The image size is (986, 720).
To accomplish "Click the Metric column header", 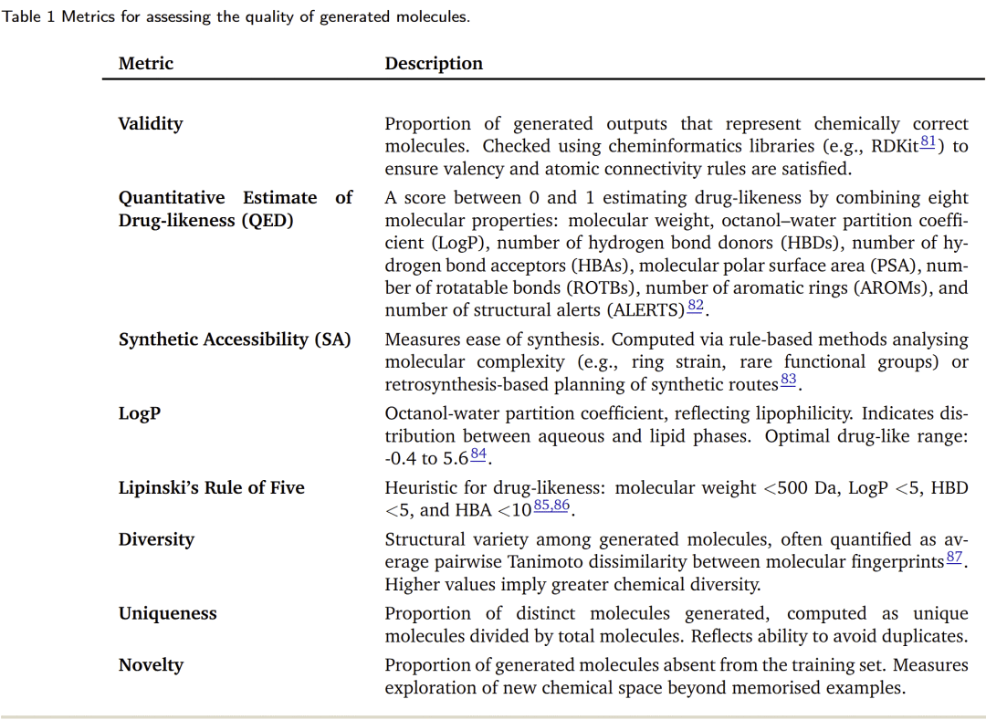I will point(145,64).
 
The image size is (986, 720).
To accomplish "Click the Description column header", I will point(434,64).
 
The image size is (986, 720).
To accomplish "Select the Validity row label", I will point(151,124).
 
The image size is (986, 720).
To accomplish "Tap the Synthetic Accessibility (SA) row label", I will point(235,339).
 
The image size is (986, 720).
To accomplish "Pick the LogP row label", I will point(140,413).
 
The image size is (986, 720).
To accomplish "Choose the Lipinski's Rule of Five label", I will point(211,488).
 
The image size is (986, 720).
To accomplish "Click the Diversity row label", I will point(156,539).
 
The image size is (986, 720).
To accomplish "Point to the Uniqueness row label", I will point(167,613).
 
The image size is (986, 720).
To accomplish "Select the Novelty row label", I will point(151,665).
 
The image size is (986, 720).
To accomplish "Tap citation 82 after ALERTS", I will point(695,306).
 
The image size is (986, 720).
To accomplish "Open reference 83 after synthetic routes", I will point(789,380).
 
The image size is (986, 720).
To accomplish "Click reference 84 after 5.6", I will point(479,454).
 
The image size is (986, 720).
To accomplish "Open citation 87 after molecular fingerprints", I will point(954,557).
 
